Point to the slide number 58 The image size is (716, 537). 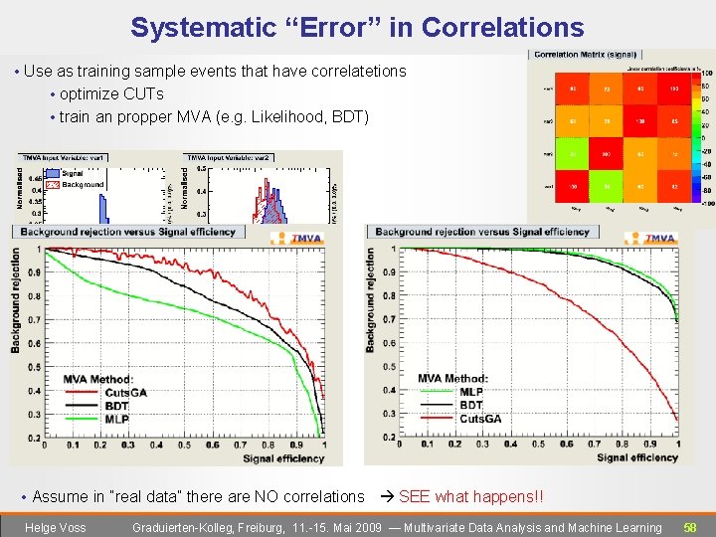coord(689,527)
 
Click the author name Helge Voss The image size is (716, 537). coord(55,527)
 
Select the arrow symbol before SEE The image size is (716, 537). coord(388,496)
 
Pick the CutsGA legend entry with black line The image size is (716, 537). coord(125,392)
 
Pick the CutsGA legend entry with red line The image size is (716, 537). coord(480,419)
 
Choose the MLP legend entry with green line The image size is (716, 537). coord(116,419)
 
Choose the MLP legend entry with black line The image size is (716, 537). coord(471,392)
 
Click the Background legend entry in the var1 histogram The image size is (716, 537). coord(82,185)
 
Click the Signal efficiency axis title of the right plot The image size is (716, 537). coord(637,457)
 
